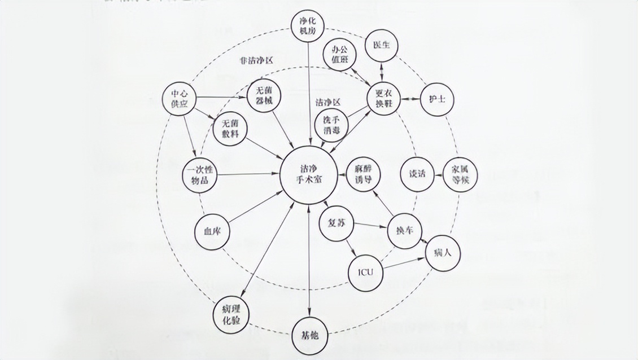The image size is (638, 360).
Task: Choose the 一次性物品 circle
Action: (200, 174)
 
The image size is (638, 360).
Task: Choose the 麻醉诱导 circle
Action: (364, 175)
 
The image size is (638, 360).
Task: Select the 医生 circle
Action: (382, 45)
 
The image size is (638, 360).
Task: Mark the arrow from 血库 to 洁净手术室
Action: (254, 208)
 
